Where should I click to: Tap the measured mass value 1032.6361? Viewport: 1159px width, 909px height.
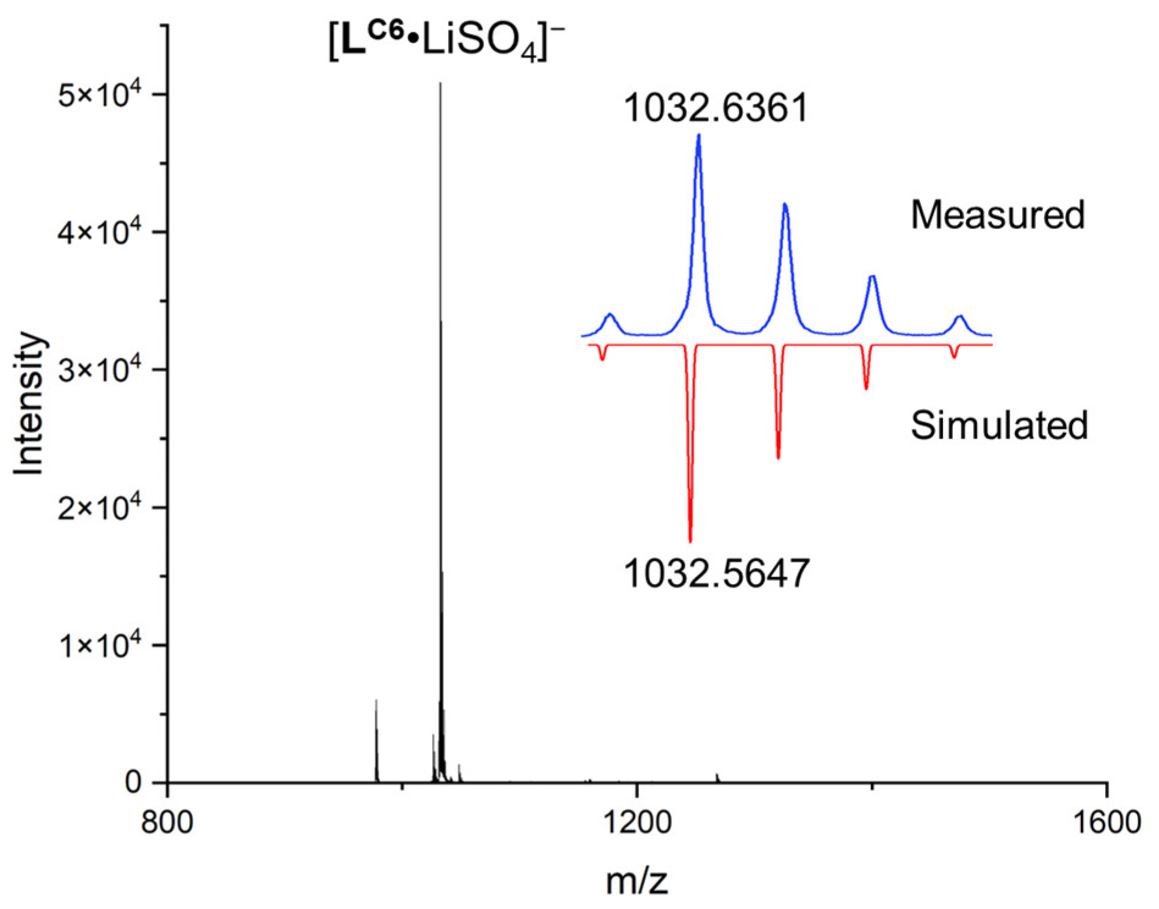click(716, 108)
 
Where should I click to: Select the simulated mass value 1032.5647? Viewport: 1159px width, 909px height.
click(716, 574)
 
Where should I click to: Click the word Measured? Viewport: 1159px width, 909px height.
click(997, 215)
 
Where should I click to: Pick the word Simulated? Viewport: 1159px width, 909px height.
click(999, 425)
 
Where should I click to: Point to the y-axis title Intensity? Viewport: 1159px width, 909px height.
click(29, 403)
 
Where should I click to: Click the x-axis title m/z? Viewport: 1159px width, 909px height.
click(637, 882)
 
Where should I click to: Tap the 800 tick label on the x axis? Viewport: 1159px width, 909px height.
click(167, 822)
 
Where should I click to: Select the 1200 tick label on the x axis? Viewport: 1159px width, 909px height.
click(637, 822)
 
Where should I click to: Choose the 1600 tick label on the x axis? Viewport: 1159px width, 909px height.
click(1107, 822)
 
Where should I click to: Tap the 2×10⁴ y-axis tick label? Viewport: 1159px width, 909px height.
click(99, 508)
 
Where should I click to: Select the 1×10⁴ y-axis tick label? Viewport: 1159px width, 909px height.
click(99, 645)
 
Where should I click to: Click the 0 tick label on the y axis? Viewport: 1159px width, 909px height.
click(133, 783)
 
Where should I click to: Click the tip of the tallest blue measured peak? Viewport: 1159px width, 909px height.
click(699, 135)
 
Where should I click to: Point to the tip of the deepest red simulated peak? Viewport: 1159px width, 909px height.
click(690, 541)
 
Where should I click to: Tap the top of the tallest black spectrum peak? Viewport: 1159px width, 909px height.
click(441, 84)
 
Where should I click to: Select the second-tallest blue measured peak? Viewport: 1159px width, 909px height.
click(785, 204)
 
